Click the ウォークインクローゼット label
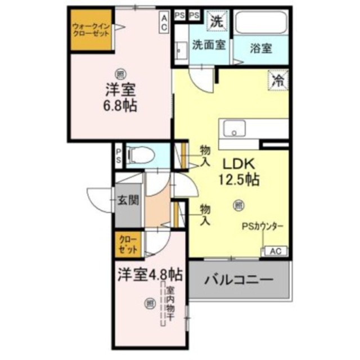pos(91,30)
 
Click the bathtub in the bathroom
pos(260,24)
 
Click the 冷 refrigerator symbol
pos(278,79)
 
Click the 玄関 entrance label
pos(127,200)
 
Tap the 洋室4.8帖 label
pos(150,275)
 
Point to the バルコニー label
pos(238,279)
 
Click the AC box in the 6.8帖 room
pos(164,22)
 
